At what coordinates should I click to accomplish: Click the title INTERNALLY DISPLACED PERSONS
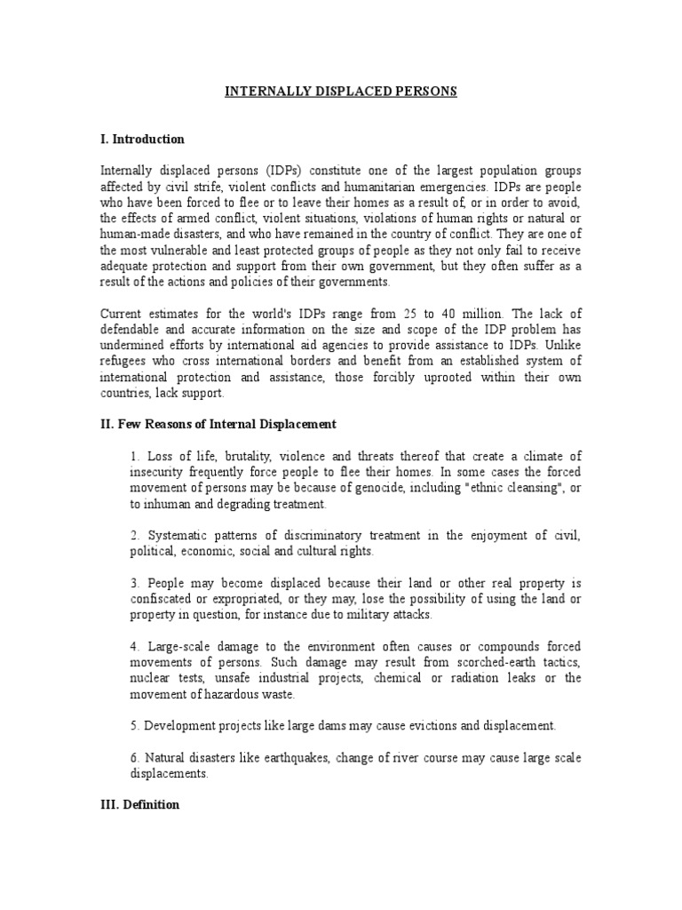coord(340,92)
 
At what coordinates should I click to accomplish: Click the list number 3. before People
coord(134,583)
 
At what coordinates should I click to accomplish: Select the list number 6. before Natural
coord(134,758)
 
